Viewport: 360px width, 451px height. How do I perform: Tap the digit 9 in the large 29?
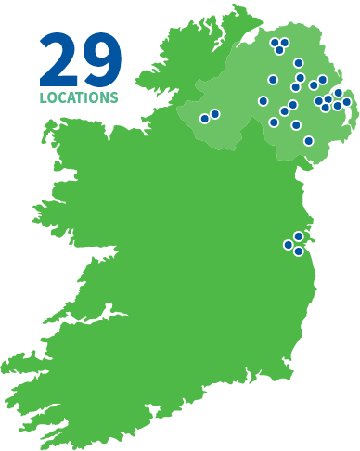click(102, 60)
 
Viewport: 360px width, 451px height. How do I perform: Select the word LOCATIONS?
click(79, 97)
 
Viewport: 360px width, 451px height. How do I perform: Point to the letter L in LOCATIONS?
click(43, 97)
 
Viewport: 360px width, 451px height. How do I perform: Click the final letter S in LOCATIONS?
click(114, 97)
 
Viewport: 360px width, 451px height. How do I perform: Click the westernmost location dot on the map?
click(205, 119)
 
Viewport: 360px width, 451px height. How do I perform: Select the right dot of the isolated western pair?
click(215, 114)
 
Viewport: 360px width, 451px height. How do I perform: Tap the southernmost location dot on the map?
click(299, 251)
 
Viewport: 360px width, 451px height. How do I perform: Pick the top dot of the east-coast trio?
click(299, 237)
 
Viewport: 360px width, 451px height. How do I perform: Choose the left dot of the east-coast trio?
click(289, 245)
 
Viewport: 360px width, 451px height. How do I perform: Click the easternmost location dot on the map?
click(347, 102)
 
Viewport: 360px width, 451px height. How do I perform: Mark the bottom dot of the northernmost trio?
click(279, 50)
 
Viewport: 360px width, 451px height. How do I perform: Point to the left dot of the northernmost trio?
click(275, 42)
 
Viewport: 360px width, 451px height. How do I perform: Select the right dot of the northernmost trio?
click(285, 42)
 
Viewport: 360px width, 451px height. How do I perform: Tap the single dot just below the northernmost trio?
click(299, 63)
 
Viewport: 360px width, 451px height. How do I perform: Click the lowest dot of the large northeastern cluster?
click(309, 141)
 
